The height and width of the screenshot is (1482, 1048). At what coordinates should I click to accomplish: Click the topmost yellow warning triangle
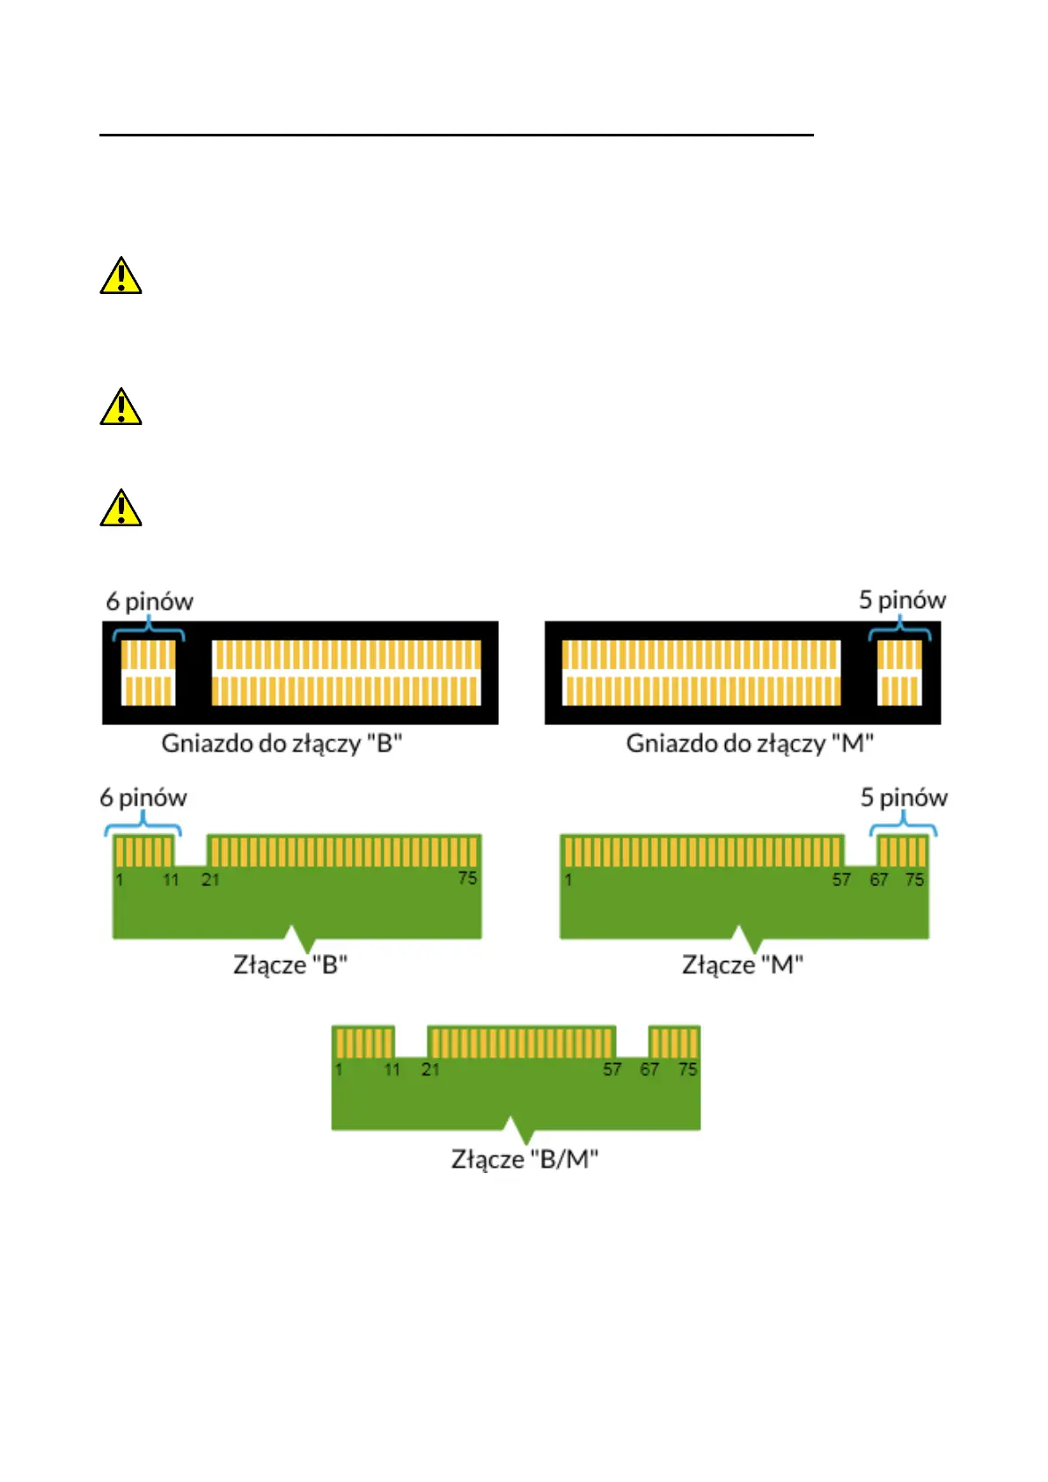click(121, 275)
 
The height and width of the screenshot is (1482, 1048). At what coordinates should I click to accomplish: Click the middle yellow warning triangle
click(121, 407)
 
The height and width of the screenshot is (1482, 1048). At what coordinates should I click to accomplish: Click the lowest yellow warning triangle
click(121, 508)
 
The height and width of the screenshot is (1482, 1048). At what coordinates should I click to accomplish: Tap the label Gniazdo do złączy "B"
click(282, 744)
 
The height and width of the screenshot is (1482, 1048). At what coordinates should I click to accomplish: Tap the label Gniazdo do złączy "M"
click(750, 744)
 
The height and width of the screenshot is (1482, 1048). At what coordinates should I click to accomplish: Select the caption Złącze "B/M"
click(524, 1159)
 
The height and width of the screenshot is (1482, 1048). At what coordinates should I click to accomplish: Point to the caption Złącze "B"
click(289, 965)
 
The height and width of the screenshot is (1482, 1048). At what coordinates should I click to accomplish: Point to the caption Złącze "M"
click(743, 965)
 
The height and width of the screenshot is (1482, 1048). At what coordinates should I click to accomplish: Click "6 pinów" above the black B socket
click(150, 601)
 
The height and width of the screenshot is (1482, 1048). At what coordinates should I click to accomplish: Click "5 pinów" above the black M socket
click(903, 600)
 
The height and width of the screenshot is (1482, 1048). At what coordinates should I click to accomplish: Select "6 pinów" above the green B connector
click(143, 798)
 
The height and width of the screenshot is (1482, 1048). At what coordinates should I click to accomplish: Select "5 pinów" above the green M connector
click(904, 798)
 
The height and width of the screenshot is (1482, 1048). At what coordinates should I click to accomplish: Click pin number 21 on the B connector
click(210, 880)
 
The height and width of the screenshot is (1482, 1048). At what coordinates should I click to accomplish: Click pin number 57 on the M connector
click(841, 880)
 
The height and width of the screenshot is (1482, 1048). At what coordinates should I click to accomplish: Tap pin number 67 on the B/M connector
click(649, 1070)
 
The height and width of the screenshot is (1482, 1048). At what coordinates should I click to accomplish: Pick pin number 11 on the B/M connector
click(392, 1070)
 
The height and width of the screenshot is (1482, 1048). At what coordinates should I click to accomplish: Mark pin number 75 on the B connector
click(468, 878)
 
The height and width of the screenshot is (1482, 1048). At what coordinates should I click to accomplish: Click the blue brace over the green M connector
click(903, 824)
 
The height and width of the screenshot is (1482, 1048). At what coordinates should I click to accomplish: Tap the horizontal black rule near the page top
click(457, 135)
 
